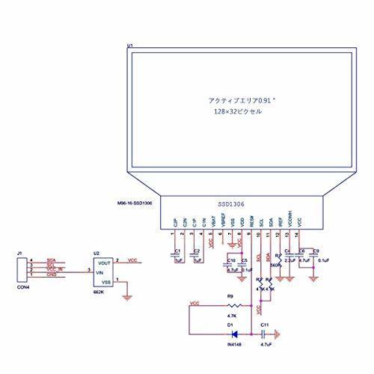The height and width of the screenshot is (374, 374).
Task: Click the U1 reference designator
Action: coord(130,46)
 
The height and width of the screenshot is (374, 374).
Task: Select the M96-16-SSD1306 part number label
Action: coord(135,203)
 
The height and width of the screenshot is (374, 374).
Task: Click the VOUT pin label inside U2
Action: coord(105,263)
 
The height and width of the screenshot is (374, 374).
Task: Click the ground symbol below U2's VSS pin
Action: coord(132,298)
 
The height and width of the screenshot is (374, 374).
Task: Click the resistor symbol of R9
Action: coord(233,307)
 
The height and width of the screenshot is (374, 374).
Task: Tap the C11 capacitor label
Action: coord(265,325)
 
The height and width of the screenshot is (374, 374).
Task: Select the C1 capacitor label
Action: coord(177,251)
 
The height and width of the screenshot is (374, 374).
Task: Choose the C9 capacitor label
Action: coord(316,251)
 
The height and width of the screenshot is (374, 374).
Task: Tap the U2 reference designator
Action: coord(96,253)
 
